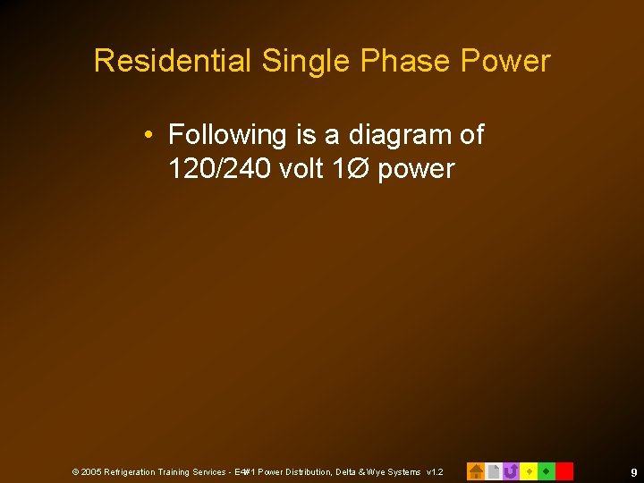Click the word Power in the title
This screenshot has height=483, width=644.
point(505,61)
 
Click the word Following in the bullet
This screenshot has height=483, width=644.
point(228,135)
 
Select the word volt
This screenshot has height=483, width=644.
point(300,168)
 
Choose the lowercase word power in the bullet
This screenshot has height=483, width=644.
point(416,169)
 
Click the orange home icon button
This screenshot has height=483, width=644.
point(476,470)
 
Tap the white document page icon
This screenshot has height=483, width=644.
point(493,470)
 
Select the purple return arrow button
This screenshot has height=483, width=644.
point(511,470)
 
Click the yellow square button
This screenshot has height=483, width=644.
point(529,470)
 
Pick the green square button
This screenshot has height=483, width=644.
point(547,470)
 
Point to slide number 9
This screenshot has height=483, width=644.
point(633,471)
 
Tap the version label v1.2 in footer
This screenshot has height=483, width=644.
point(434,471)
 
